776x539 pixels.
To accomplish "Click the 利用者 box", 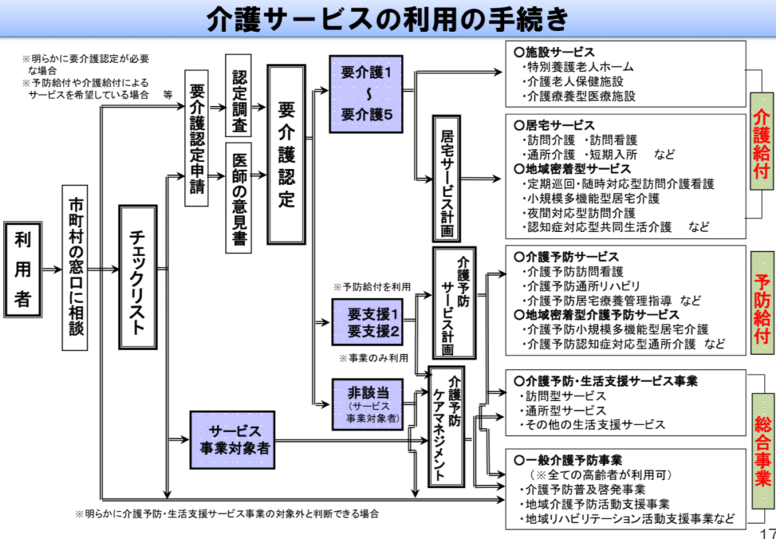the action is point(23,269).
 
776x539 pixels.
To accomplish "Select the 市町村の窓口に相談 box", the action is point(75,268).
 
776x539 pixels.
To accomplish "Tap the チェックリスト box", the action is point(138,277).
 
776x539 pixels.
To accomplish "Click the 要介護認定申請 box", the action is point(196,138).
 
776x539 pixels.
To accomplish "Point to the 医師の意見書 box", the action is point(238,198).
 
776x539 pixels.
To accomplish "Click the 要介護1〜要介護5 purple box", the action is point(366,94).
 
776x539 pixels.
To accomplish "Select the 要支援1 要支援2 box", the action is point(367,322).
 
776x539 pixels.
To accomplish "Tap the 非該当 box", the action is point(368,404).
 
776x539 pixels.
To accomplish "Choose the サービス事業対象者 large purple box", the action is point(232,440).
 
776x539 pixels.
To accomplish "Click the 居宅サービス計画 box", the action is point(446,179).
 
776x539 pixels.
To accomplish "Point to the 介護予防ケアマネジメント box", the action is point(446,427).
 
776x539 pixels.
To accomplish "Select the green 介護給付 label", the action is point(762,142).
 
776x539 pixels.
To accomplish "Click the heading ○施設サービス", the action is point(554,52).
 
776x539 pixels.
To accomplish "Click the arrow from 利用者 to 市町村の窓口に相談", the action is point(52,270).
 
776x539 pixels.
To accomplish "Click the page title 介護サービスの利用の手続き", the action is point(387,19).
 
